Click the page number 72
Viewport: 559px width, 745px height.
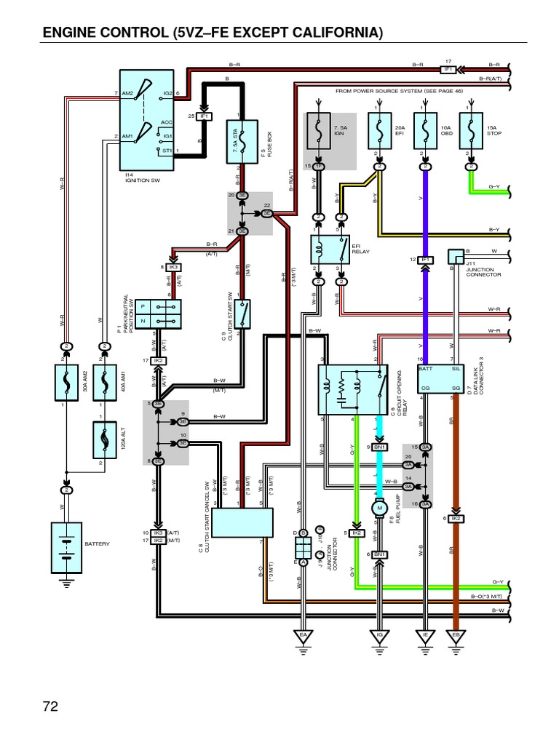click(x=49, y=706)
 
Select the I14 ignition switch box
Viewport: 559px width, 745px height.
click(x=147, y=121)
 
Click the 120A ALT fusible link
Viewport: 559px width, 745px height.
click(x=105, y=438)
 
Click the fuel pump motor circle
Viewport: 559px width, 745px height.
click(x=378, y=508)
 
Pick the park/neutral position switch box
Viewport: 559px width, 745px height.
click(x=159, y=314)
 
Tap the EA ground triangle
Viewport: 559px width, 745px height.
click(x=303, y=634)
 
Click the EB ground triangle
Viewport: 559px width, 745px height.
click(x=456, y=634)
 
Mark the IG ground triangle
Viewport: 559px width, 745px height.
click(x=378, y=634)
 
